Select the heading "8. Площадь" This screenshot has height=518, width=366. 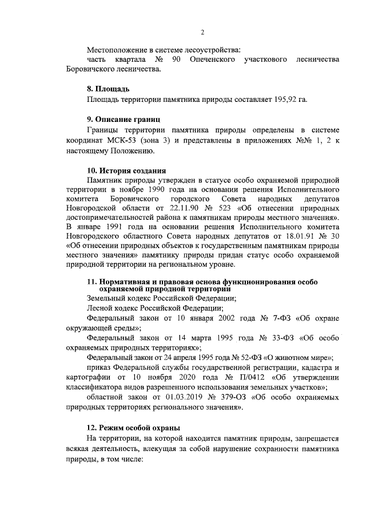pos(108,89)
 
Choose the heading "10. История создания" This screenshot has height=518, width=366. pos(126,171)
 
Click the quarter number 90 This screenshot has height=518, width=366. pos(179,60)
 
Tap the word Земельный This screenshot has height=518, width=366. pos(107,298)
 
